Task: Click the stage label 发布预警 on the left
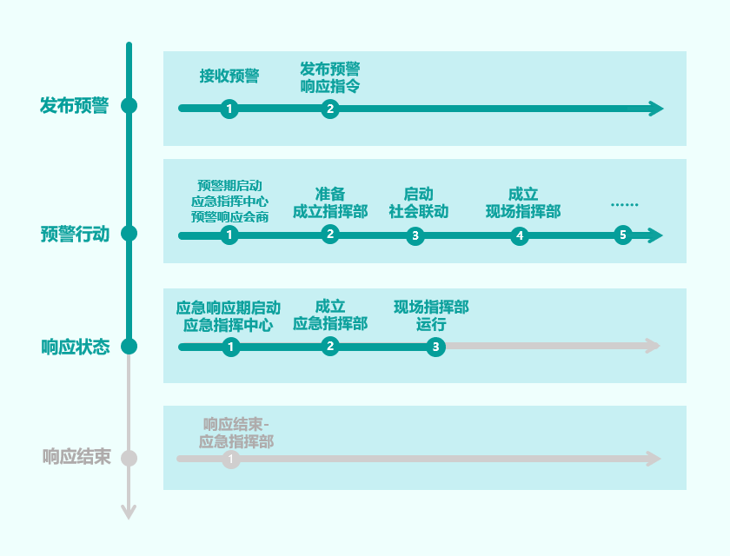click(x=75, y=106)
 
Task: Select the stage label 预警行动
click(x=75, y=234)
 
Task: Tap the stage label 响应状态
click(x=76, y=347)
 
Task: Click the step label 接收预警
click(x=229, y=76)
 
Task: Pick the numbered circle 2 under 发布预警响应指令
click(x=329, y=109)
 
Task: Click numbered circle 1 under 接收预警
click(x=229, y=109)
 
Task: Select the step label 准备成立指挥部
click(x=329, y=202)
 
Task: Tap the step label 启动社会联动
click(x=418, y=202)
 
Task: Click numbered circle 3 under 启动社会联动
click(x=415, y=235)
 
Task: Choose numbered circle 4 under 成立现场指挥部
click(x=520, y=235)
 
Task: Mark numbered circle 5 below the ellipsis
click(x=621, y=235)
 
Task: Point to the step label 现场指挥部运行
click(x=431, y=315)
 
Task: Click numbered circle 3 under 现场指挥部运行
click(x=435, y=347)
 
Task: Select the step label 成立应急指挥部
click(x=329, y=315)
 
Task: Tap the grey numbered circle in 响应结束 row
click(x=230, y=459)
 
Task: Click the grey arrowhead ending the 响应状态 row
click(x=654, y=347)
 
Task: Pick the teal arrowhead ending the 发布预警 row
click(x=656, y=109)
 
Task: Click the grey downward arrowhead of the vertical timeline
click(x=129, y=512)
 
